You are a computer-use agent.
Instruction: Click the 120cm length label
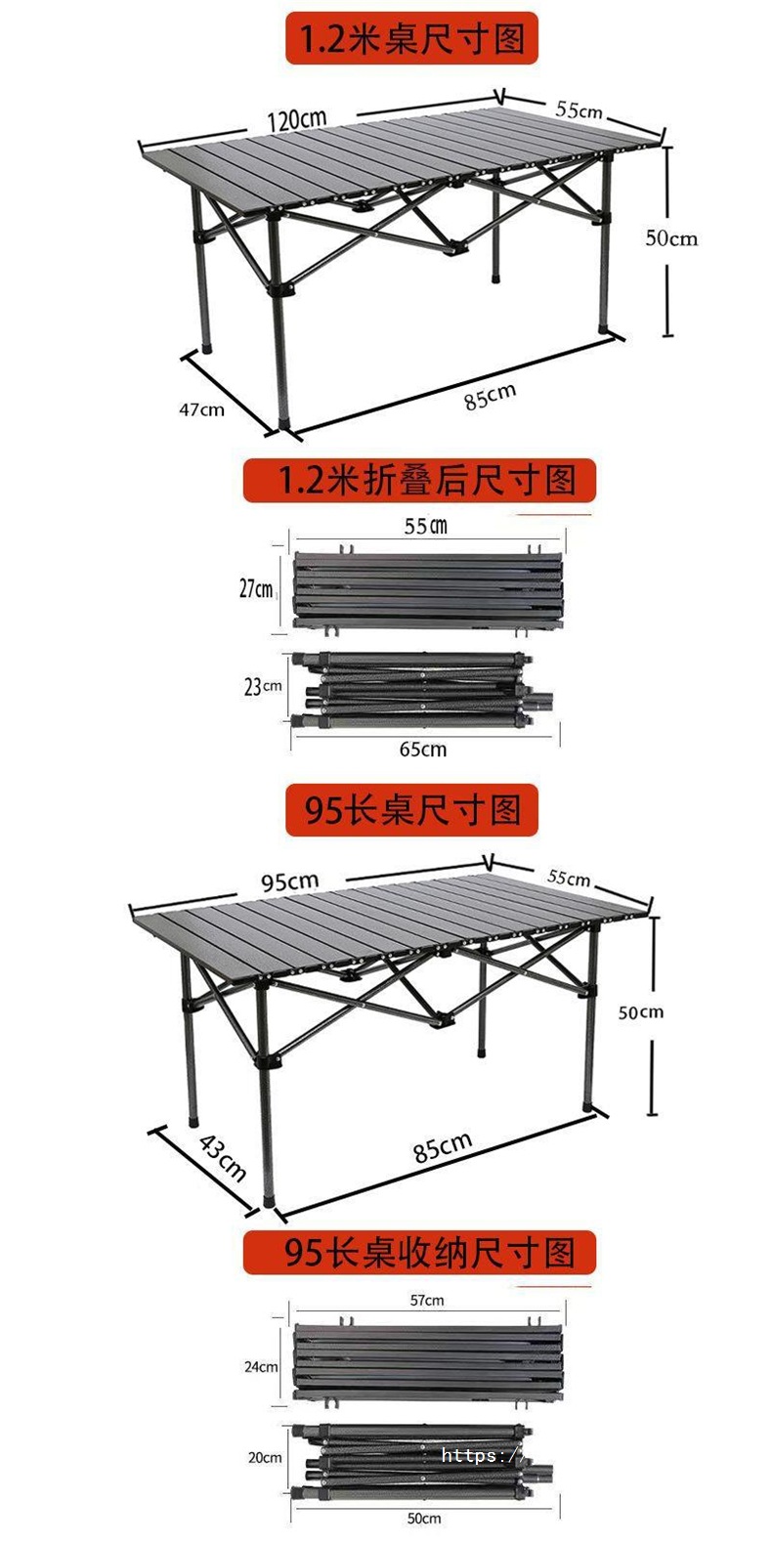click(297, 119)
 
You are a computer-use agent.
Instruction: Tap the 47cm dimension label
click(200, 409)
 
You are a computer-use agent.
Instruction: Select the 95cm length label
click(289, 881)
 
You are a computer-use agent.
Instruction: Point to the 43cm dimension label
click(223, 1156)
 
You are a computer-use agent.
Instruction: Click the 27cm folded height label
click(257, 588)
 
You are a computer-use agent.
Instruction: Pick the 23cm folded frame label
click(262, 686)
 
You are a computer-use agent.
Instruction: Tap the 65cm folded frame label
click(422, 749)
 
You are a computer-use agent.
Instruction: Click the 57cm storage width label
click(427, 1300)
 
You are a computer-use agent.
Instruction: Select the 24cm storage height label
click(261, 1367)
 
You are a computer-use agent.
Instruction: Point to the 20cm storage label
click(264, 1457)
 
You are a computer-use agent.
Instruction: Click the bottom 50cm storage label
click(423, 1518)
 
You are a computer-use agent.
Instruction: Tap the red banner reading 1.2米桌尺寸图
click(411, 39)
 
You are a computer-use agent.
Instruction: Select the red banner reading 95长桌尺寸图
click(411, 810)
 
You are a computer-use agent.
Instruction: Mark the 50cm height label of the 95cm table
click(640, 1011)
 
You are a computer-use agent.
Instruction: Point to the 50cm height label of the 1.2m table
click(671, 237)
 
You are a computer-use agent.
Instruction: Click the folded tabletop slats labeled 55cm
click(427, 589)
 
